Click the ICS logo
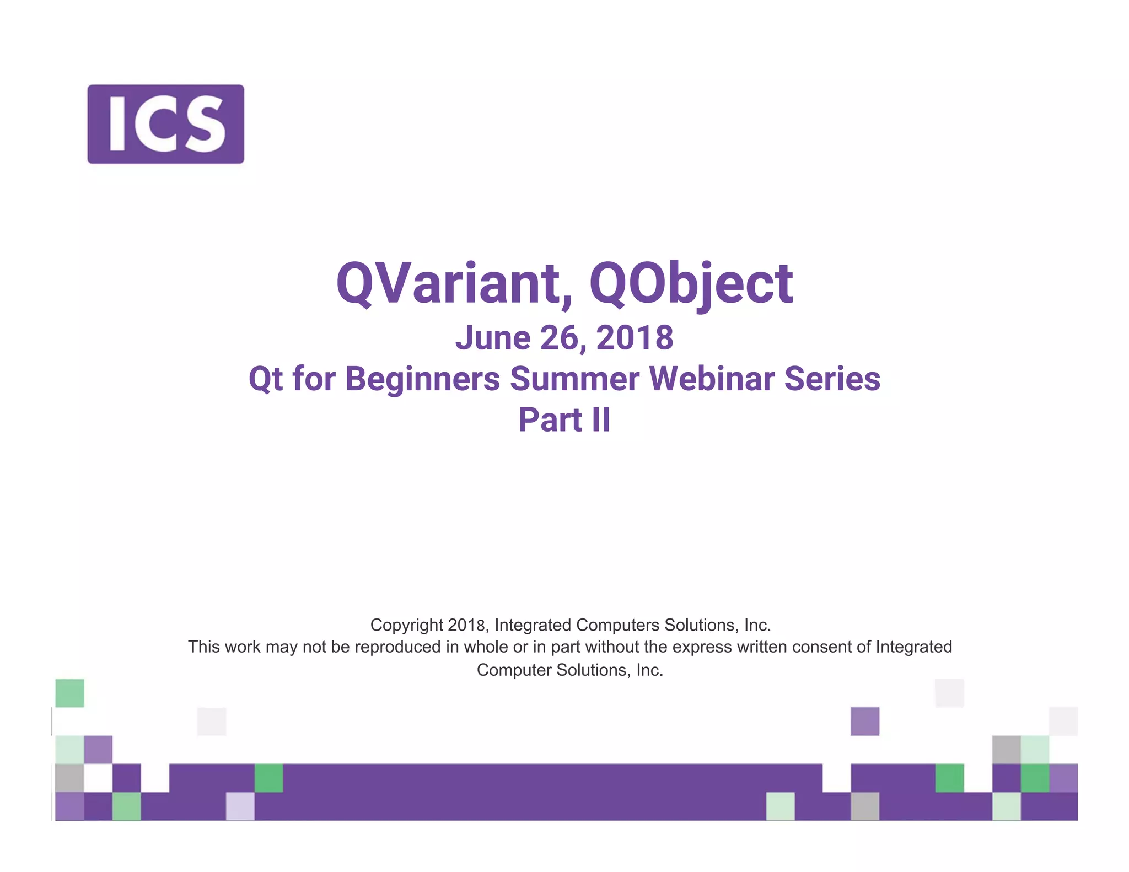(165, 124)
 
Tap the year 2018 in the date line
(635, 338)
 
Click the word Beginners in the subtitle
(422, 379)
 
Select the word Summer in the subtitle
(574, 379)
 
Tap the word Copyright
(406, 625)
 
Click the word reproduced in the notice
(397, 647)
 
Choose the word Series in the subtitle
(832, 379)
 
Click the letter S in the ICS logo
(206, 124)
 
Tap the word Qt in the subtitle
(266, 379)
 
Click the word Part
(550, 420)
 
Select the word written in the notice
(762, 647)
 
